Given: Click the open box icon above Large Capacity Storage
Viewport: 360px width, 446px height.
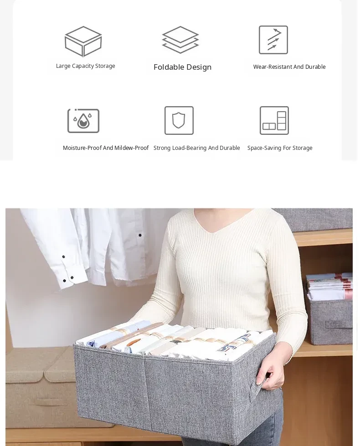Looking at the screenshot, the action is [83, 41].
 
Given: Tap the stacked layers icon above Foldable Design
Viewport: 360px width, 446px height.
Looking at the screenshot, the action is [180, 40].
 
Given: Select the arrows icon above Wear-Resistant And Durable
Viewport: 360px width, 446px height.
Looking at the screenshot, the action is [273, 40].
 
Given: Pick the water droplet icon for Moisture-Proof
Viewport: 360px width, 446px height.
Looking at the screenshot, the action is [83, 121].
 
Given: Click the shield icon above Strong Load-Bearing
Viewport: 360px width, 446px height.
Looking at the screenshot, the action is [179, 120].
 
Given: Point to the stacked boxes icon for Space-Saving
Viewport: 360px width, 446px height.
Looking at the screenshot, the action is [274, 120].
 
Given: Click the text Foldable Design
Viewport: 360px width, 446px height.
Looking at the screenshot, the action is [182, 67].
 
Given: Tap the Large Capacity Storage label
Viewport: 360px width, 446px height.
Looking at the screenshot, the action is [85, 66].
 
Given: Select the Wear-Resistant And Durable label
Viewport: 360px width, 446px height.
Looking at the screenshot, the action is [289, 67].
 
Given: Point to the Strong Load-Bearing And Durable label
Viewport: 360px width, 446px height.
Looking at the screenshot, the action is [197, 148].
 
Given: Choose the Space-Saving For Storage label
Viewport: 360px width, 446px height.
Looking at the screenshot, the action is [280, 148].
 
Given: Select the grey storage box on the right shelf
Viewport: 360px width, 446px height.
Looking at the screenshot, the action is [330, 318].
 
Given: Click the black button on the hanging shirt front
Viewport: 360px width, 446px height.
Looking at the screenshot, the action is [140, 235].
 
